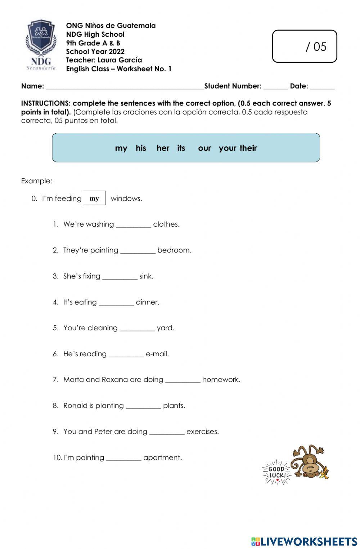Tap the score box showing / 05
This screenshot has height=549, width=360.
click(x=304, y=46)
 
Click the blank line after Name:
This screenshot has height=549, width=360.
click(x=125, y=86)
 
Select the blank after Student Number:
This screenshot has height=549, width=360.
click(x=275, y=86)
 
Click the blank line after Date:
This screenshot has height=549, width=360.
click(x=322, y=86)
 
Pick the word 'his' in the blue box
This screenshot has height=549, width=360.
click(x=141, y=148)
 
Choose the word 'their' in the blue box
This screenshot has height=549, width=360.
click(x=248, y=148)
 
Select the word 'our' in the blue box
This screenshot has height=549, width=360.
click(x=204, y=148)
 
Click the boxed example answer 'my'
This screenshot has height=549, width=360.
click(x=94, y=198)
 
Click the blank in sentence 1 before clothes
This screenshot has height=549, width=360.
click(x=134, y=225)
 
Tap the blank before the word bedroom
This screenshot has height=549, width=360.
click(x=138, y=251)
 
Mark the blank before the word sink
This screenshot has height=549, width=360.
click(x=120, y=277)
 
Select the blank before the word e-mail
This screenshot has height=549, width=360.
click(x=126, y=354)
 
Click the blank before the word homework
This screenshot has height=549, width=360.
click(x=183, y=380)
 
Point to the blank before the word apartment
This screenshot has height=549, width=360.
click(x=124, y=458)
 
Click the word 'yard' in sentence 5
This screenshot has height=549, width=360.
click(x=165, y=328)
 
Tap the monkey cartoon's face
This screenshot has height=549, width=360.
click(x=309, y=468)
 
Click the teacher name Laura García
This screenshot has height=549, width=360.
click(x=120, y=60)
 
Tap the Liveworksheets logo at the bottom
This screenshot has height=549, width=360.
click(x=304, y=541)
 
